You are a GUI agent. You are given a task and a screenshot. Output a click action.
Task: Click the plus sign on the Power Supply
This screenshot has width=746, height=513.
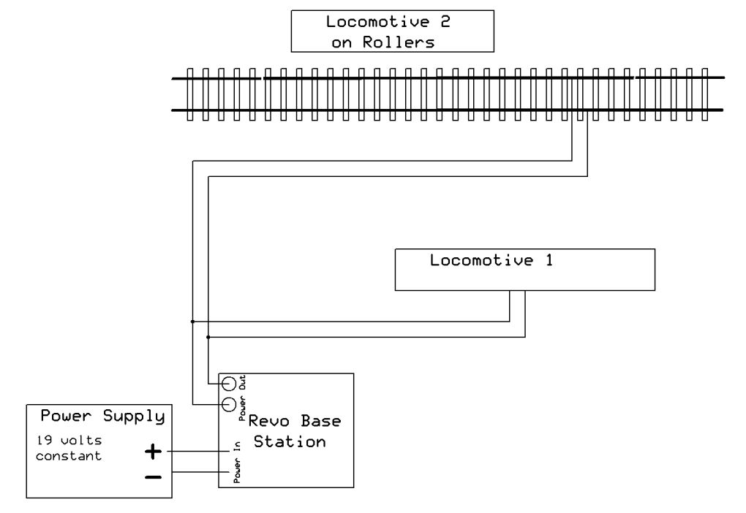click(x=153, y=452)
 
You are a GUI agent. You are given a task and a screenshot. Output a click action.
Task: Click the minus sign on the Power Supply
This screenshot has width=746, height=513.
click(x=154, y=476)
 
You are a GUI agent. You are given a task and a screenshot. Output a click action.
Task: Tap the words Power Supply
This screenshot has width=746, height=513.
click(x=102, y=417)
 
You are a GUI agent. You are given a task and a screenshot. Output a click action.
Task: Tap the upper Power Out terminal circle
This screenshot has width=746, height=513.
click(x=229, y=383)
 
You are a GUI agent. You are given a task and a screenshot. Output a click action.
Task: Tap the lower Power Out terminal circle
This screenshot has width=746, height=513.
click(x=228, y=403)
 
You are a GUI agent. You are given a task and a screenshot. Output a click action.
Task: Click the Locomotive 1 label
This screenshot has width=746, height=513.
click(x=491, y=260)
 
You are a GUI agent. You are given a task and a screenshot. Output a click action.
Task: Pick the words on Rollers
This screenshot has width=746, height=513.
click(x=383, y=42)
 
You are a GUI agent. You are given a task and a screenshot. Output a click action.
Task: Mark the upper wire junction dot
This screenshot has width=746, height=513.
click(x=192, y=321)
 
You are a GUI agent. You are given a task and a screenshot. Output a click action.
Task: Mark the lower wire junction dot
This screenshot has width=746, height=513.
click(x=209, y=337)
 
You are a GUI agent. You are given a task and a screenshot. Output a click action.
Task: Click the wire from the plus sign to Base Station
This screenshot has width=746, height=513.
click(x=193, y=452)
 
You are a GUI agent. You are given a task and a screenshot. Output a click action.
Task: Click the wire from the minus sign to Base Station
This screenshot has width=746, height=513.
click(x=195, y=472)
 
